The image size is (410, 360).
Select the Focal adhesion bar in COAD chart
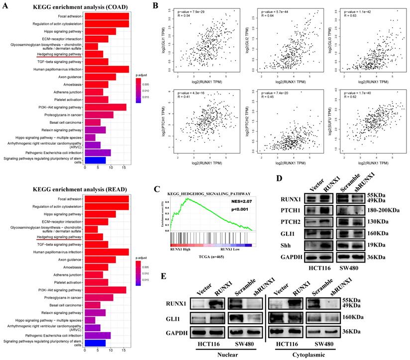106,16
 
